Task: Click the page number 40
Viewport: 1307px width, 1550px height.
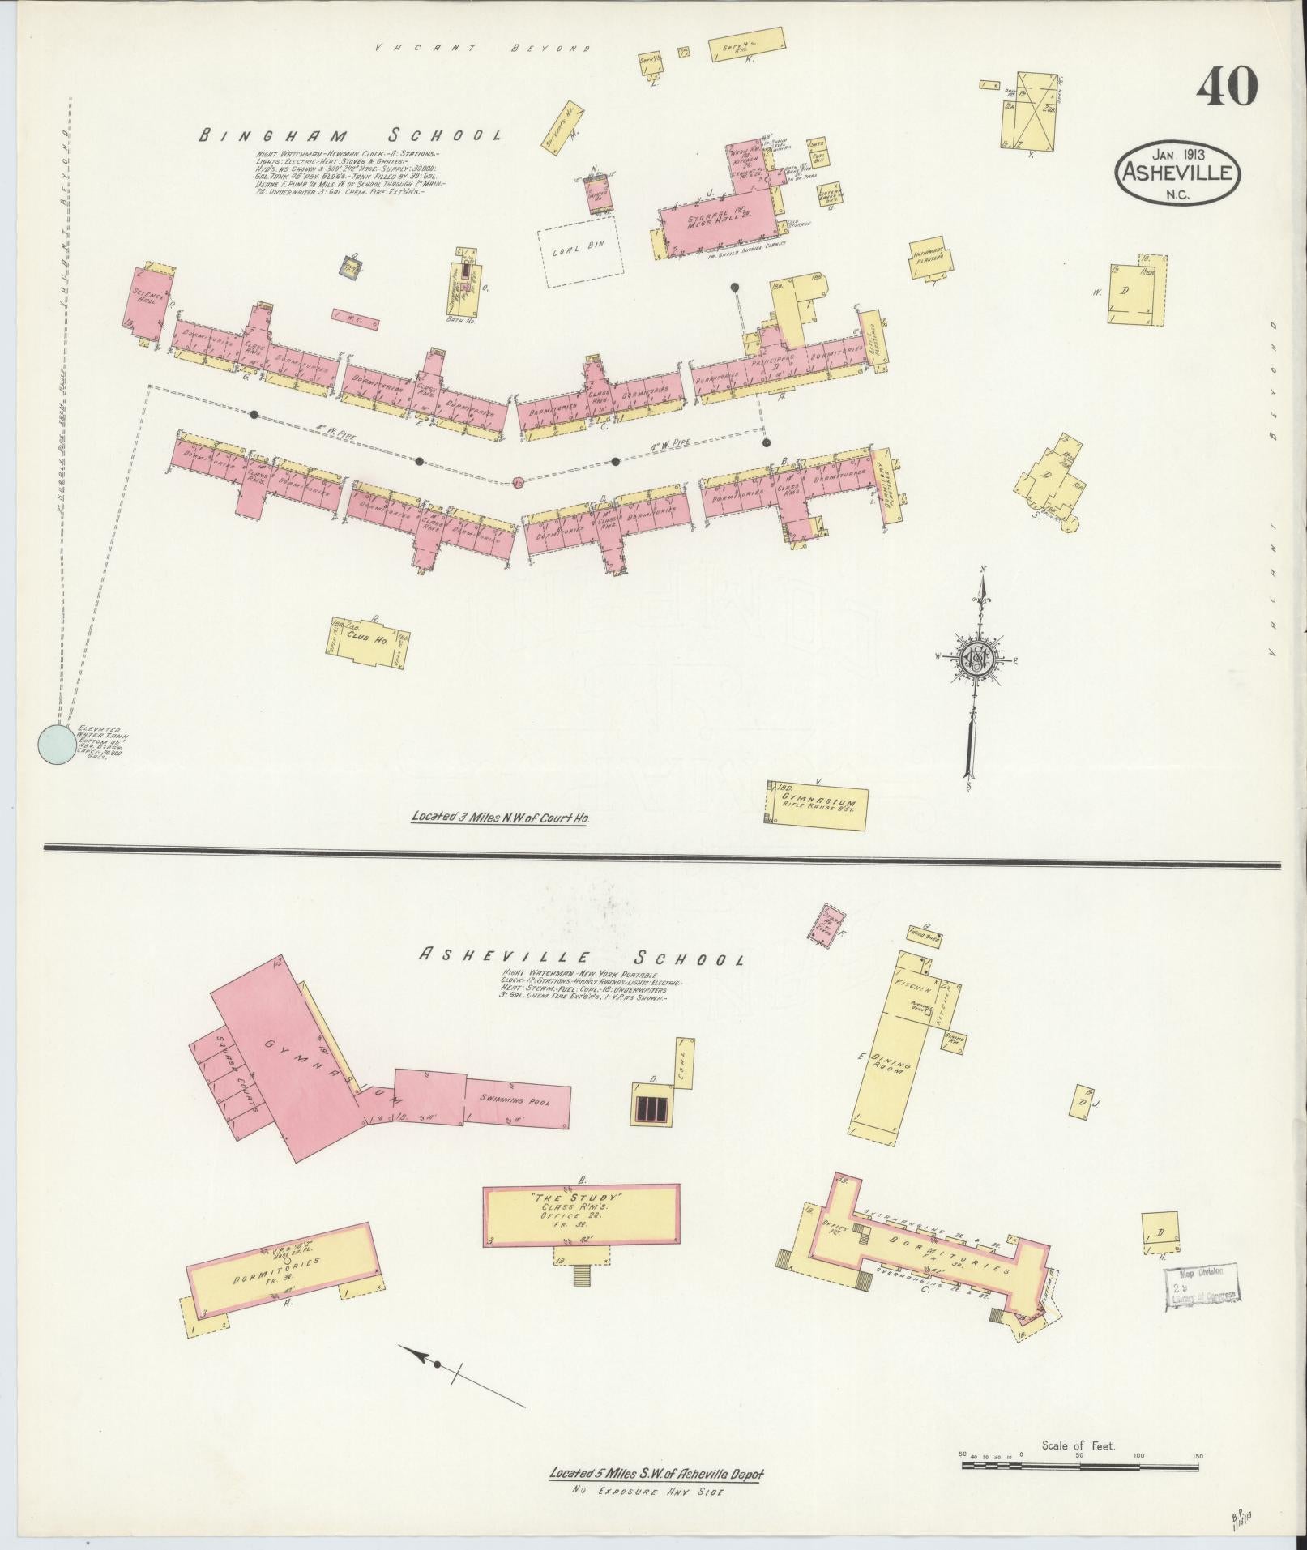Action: (x=1227, y=87)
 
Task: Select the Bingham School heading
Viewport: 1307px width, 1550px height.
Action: (x=351, y=135)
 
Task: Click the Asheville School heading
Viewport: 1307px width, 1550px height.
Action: (x=580, y=957)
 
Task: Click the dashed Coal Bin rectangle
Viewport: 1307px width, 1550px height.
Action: (x=581, y=254)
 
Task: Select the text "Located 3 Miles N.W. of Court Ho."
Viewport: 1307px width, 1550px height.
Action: (x=501, y=818)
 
